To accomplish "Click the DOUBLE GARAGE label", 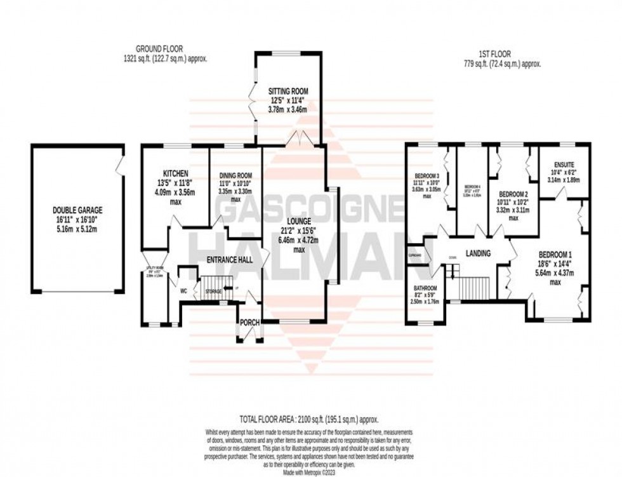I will pyautogui.click(x=77, y=210).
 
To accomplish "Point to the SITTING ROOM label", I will pyautogui.click(x=286, y=91).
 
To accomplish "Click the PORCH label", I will pyautogui.click(x=249, y=323).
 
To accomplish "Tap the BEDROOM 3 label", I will pyautogui.click(x=427, y=176).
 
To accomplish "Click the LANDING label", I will pyautogui.click(x=478, y=253).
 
